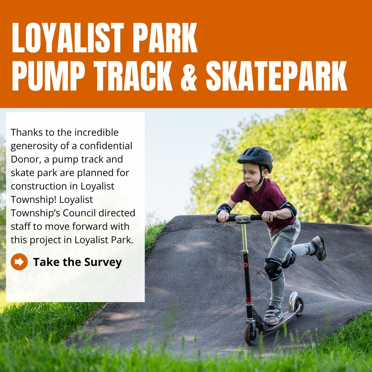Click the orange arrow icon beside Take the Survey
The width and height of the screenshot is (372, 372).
click(x=19, y=262)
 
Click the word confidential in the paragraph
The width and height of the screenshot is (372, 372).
click(x=106, y=146)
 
